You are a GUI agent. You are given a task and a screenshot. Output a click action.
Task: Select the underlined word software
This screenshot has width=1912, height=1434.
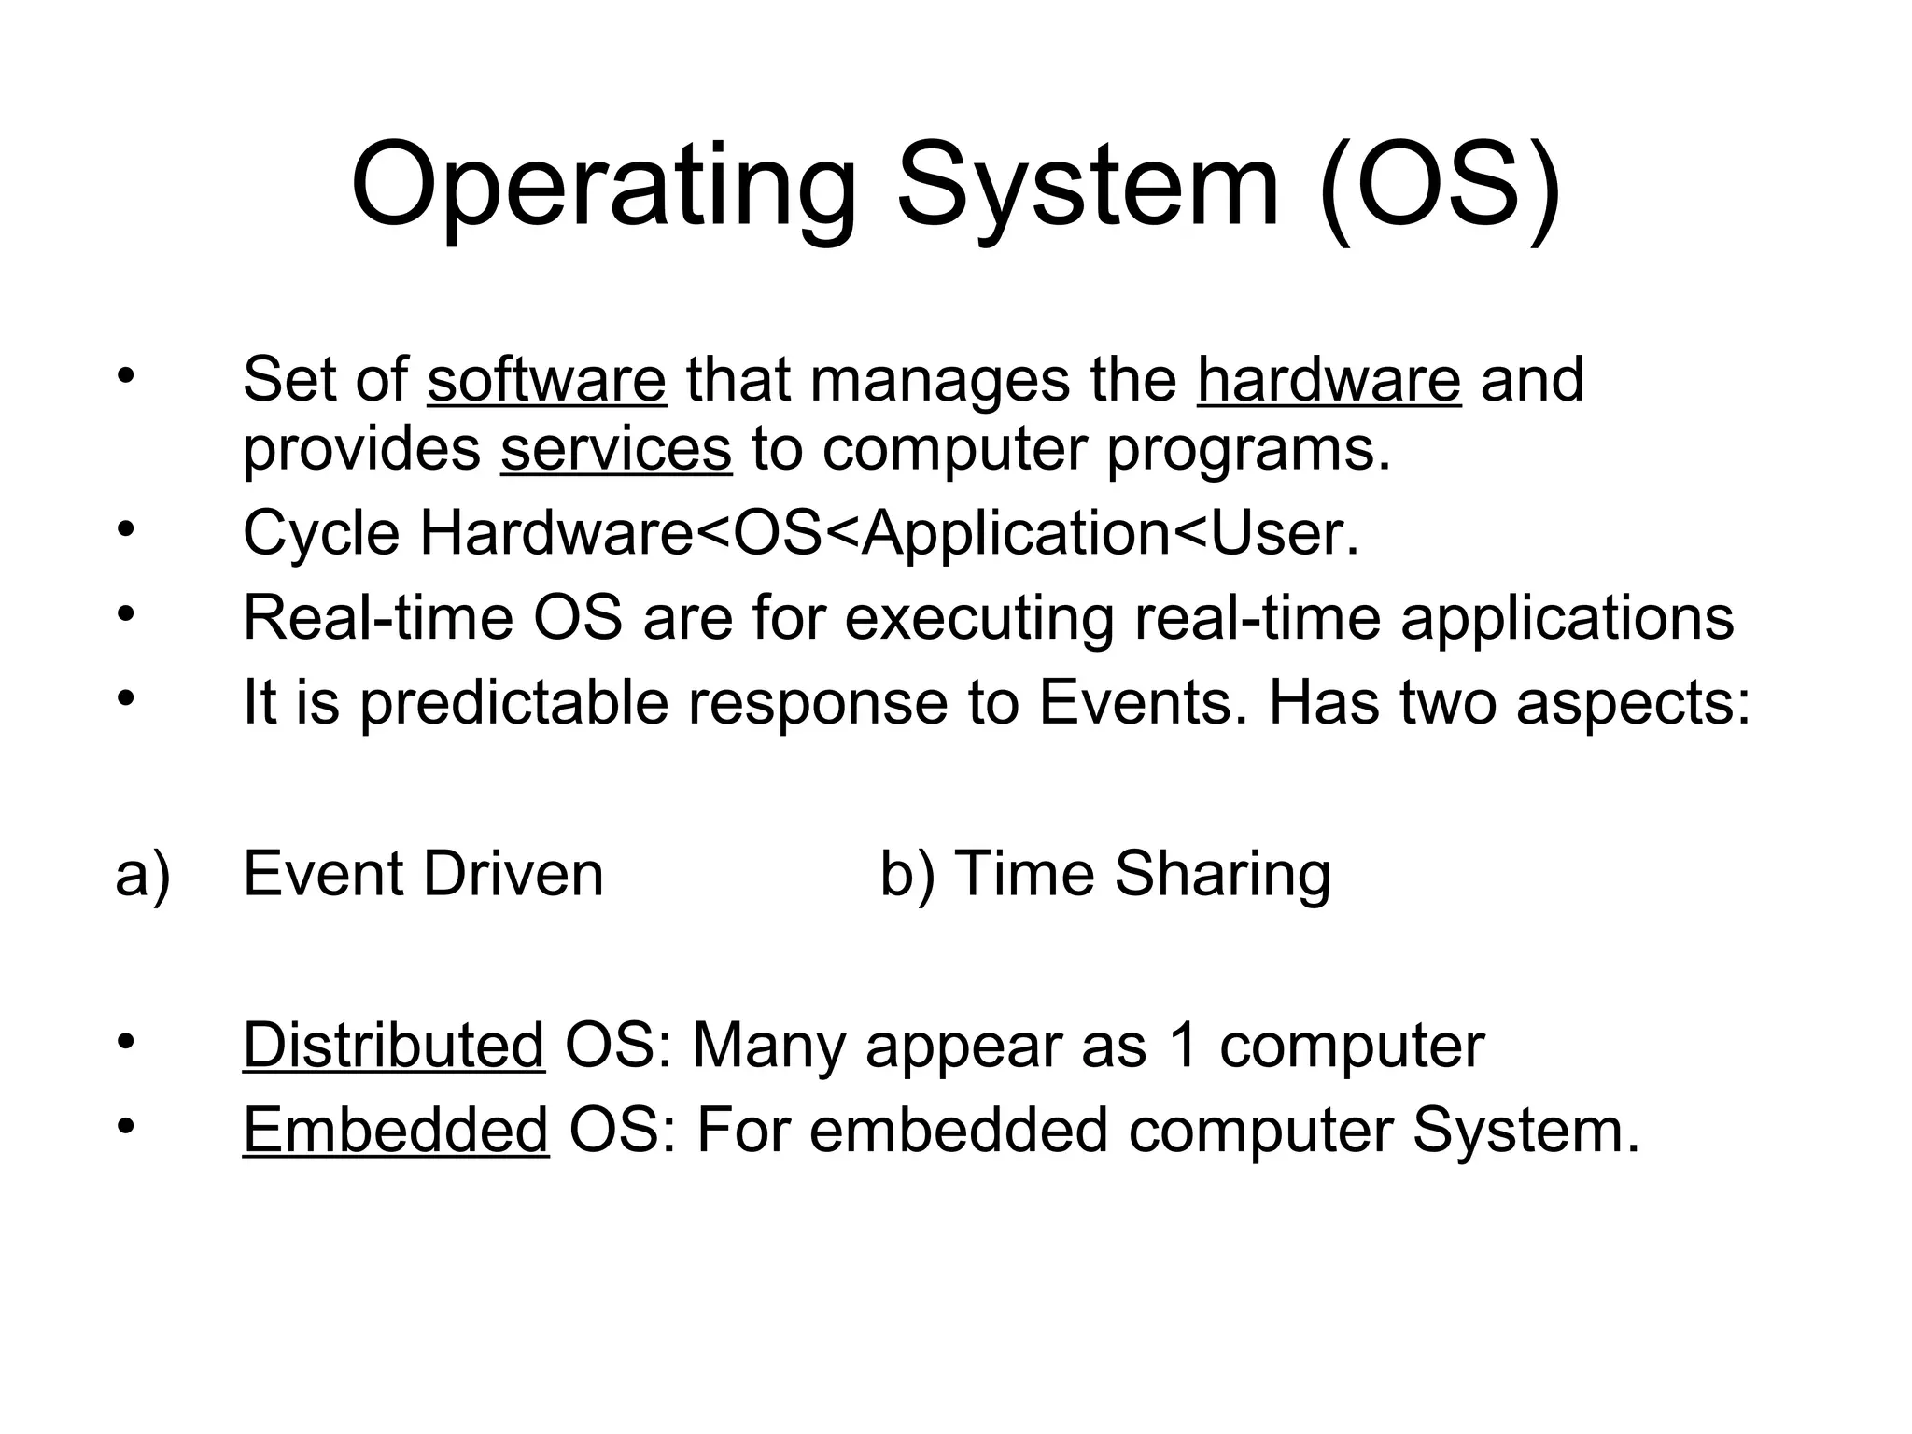(546, 381)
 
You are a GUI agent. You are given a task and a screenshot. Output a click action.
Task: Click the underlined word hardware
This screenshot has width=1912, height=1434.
(1329, 381)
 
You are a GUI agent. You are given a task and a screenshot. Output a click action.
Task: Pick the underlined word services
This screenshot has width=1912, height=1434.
(615, 450)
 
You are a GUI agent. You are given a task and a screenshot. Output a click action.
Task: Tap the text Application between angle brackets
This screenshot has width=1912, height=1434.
(1015, 534)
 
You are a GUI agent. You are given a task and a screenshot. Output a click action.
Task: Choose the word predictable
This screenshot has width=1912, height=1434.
(513, 703)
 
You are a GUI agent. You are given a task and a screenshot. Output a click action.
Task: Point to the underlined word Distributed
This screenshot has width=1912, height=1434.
(393, 1046)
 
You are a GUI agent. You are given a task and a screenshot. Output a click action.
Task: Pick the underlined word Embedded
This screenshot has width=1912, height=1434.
(395, 1131)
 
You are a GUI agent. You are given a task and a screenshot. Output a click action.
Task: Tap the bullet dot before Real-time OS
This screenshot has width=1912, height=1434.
(126, 614)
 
